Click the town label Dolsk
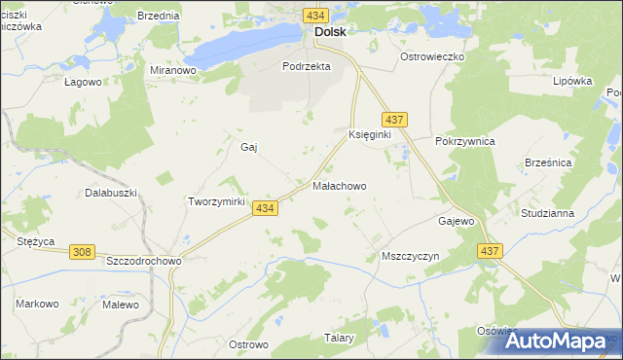coord(330,31)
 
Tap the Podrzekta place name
coord(307,66)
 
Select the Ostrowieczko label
coord(434,56)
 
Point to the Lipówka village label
coord(572,81)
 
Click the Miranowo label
coord(174,70)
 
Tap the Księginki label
coord(369,134)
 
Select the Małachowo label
coord(340,185)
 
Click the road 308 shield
coord(83,252)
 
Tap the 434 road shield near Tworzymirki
coord(265,208)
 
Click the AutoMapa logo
coord(559,340)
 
